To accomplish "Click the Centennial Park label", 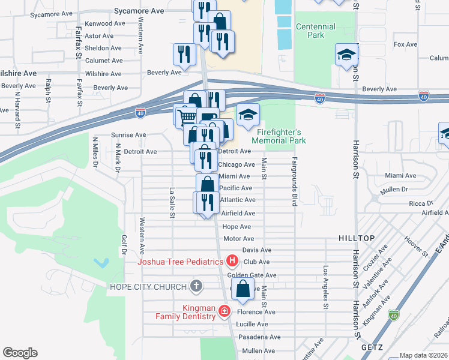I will pyautogui.click(x=316, y=31).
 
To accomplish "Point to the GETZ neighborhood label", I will pyautogui.click(x=372, y=347).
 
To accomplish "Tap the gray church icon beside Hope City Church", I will pyautogui.click(x=196, y=286).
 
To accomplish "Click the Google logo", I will pyautogui.click(x=20, y=353).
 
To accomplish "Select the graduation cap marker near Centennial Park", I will pyautogui.click(x=346, y=55).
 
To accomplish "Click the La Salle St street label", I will pyautogui.click(x=172, y=203).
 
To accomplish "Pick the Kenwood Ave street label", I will pyautogui.click(x=105, y=23).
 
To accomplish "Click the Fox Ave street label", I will pyautogui.click(x=405, y=44).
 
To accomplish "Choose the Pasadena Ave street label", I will pyautogui.click(x=259, y=337).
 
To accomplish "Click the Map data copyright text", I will pyautogui.click(x=423, y=355).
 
